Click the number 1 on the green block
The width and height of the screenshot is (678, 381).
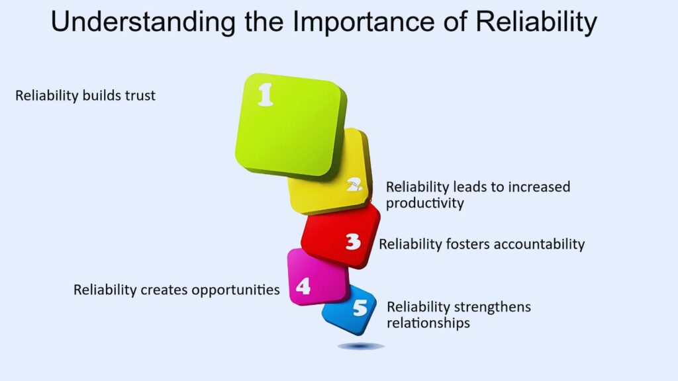266,95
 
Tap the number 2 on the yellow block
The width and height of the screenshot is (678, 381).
355,185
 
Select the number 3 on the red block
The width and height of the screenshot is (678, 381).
354,242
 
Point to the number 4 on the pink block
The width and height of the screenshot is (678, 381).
303,286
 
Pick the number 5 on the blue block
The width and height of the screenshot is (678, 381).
360,308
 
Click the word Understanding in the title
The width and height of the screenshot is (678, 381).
143,22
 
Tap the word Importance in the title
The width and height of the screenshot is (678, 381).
363,21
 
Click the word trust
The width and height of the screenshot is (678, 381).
140,95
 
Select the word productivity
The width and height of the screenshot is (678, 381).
424,204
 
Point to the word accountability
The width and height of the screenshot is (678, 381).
539,245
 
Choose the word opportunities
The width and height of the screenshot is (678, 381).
236,290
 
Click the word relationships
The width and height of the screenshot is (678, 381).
428,323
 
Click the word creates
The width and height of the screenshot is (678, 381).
164,290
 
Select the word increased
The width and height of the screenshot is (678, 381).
539,187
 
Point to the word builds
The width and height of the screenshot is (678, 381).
102,95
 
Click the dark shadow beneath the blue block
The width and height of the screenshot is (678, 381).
361,346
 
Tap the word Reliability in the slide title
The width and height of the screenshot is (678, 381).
536,22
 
